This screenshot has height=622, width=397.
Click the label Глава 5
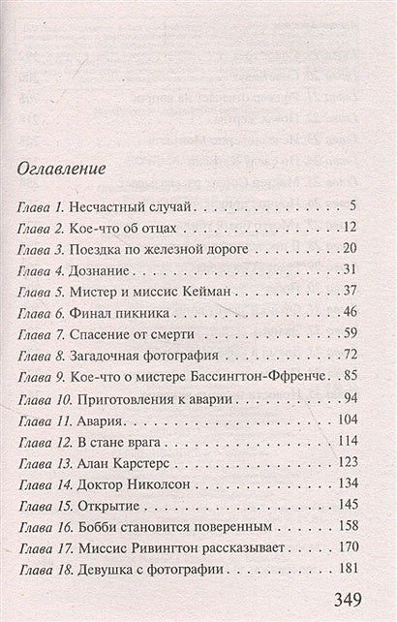coord(42,290)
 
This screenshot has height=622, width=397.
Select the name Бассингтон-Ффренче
coord(256,376)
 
